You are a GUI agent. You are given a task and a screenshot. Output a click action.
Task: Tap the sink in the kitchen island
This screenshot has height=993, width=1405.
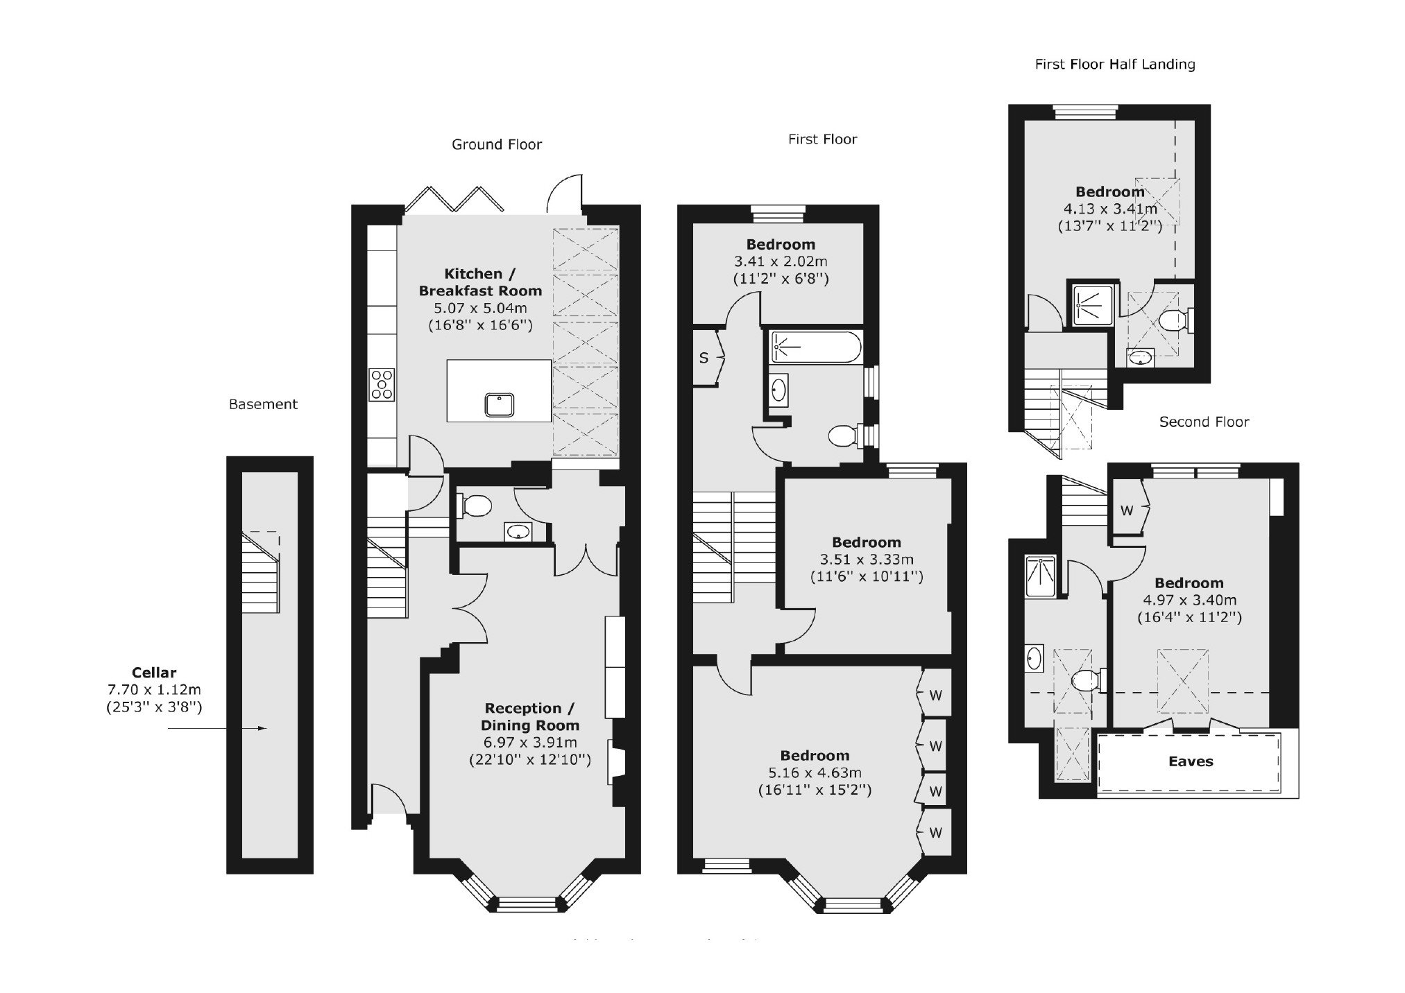[x=500, y=404]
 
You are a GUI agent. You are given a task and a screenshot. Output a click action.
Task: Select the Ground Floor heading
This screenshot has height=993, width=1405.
[x=496, y=144]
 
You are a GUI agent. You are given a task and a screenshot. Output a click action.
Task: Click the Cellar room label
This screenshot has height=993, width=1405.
[x=154, y=672]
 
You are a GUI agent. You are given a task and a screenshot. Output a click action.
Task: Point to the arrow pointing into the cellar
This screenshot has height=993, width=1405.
[x=217, y=728]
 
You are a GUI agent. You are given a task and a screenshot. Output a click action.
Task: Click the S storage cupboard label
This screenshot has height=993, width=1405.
[x=704, y=358]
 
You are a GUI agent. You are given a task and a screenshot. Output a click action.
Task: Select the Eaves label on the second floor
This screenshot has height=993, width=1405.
[x=1191, y=761]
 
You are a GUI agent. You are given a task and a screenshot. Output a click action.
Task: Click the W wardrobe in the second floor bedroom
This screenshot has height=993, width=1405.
[x=1127, y=510]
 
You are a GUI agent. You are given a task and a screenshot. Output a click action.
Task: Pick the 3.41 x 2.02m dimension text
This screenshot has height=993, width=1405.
[x=781, y=261]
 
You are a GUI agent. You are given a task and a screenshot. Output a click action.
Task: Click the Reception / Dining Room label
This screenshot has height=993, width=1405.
[x=530, y=716]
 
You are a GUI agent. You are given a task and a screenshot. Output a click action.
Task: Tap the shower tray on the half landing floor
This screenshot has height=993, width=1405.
[x=1091, y=304]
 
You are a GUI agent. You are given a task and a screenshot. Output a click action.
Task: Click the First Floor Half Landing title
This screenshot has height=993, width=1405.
[x=1114, y=64]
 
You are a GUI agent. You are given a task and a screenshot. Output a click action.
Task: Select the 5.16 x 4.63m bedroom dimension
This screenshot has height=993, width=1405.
[x=814, y=772]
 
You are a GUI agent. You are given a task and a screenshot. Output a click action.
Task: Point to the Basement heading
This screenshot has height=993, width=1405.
[x=263, y=404]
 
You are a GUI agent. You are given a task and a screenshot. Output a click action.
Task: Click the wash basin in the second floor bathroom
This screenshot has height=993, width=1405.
[x=1034, y=657]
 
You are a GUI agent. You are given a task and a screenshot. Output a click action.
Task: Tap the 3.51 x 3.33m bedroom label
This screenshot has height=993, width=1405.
[x=867, y=559]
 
